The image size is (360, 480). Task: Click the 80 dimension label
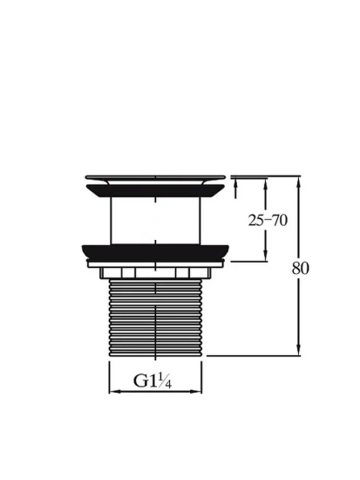coord(300,268)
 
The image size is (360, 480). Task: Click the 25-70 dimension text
coord(268,220)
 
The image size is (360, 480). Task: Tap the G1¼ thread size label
coord(153,381)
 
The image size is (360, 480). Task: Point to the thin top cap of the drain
coord(155,177)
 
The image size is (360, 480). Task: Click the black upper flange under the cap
coord(155,191)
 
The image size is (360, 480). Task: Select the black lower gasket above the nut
coord(155,251)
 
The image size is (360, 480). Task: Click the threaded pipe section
coord(156,318)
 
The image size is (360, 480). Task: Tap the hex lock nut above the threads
coord(155,272)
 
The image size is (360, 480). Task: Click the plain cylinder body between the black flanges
coord(156,221)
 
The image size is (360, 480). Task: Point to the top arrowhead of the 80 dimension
coord(298,182)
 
